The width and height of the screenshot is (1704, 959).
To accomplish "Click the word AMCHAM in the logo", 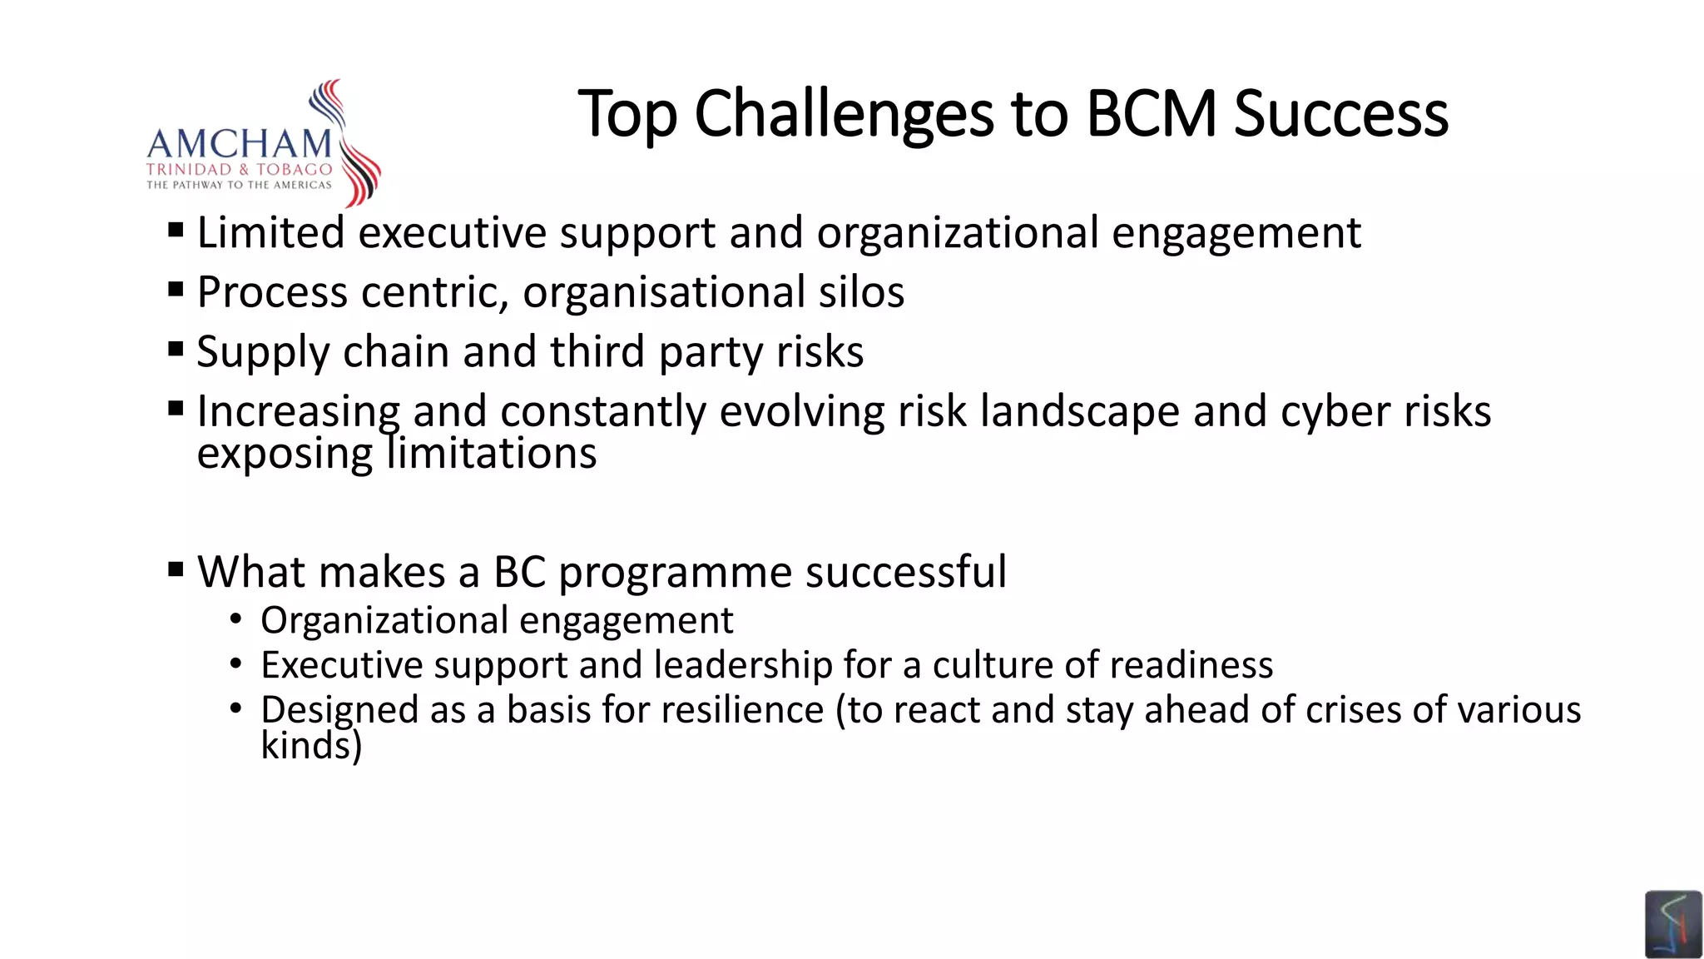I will point(239,144).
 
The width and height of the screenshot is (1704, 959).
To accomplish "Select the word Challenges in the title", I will point(844,116).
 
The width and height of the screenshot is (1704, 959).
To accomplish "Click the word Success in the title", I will point(1340,114).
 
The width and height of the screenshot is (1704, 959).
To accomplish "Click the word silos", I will point(861,292).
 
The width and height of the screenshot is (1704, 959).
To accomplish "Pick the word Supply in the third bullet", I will point(263,352).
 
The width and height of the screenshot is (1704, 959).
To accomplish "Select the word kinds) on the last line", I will point(311,746).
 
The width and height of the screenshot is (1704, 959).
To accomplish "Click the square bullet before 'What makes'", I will point(176,570).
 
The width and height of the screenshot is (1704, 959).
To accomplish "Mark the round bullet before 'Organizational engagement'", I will point(236,619).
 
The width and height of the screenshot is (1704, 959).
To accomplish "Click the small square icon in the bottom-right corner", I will point(1672,924).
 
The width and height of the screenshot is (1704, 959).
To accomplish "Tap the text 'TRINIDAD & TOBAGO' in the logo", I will point(239,170).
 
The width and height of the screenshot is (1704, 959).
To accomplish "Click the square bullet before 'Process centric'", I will point(176,290).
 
